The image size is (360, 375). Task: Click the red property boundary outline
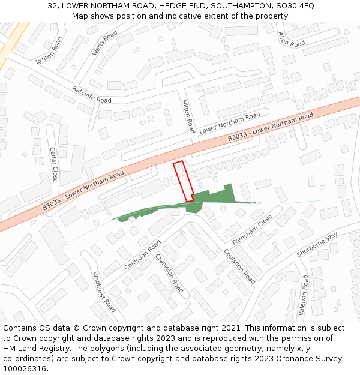point(183,181)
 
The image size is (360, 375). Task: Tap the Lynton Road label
point(49,51)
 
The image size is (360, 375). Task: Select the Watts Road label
point(104,44)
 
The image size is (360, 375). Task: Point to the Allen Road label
point(292,40)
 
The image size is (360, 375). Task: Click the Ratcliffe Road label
point(92,94)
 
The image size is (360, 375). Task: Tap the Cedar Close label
point(54,164)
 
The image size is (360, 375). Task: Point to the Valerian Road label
point(304,295)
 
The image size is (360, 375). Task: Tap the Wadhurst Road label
point(104,292)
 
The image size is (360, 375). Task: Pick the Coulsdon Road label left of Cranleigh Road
point(142,255)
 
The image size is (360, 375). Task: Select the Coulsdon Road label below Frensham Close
point(239,266)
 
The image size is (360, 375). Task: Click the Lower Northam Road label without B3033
point(229,122)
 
